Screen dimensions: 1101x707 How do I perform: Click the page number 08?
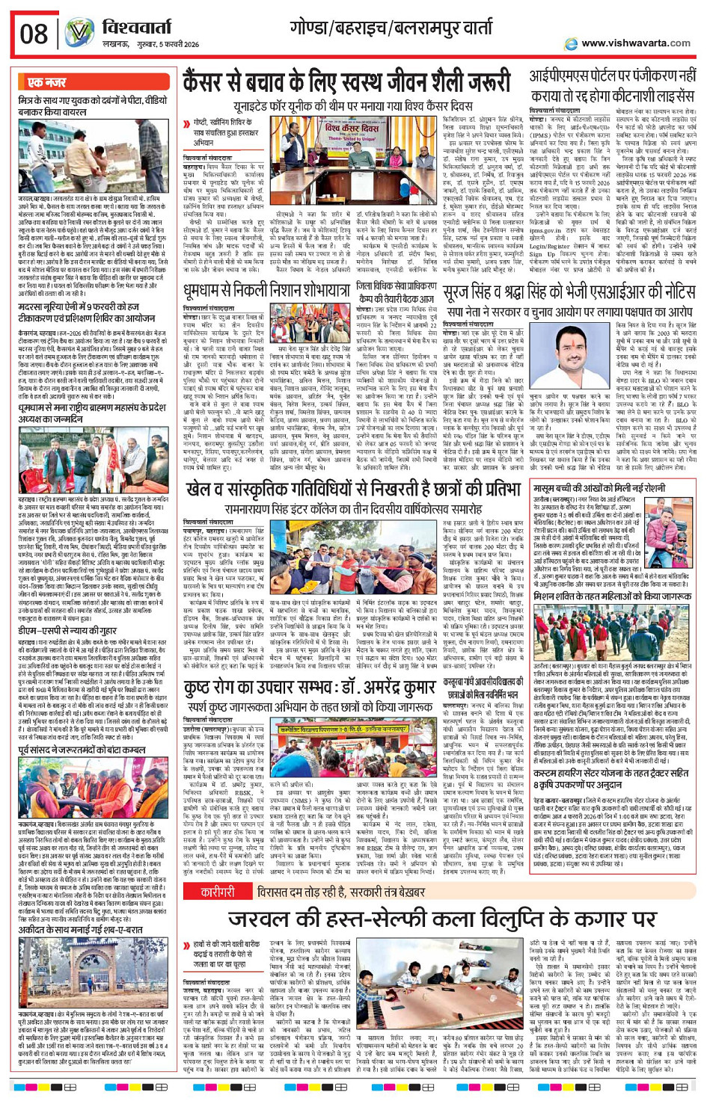click(x=34, y=34)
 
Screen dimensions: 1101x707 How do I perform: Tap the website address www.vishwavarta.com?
click(x=636, y=43)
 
